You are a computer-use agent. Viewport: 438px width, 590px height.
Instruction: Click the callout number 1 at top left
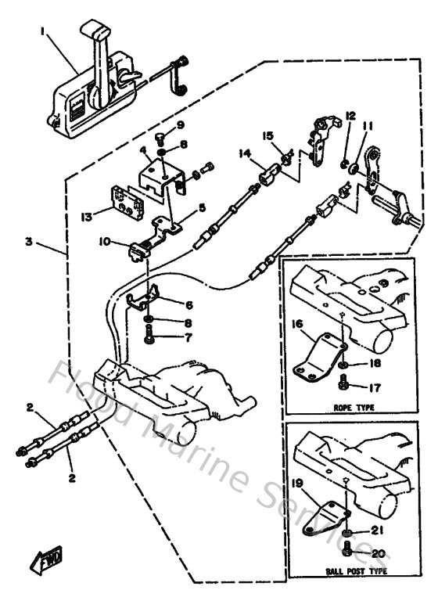[x=44, y=33]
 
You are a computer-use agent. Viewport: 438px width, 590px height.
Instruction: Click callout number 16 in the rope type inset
[x=299, y=322]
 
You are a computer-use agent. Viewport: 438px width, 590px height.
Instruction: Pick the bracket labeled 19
[x=324, y=516]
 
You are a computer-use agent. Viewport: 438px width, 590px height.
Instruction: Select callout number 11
[x=367, y=125]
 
